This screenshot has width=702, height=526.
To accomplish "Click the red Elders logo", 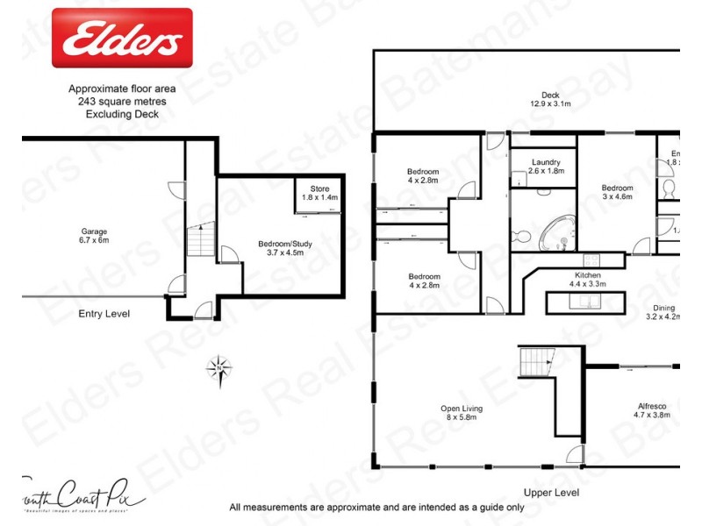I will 122,38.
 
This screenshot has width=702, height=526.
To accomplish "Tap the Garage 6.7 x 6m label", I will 94,237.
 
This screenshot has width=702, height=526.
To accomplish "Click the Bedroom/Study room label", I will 280,249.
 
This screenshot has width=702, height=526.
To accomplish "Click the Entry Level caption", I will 104,313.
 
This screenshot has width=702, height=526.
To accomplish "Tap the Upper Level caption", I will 550,493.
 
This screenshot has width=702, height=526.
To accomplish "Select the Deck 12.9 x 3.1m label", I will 550,99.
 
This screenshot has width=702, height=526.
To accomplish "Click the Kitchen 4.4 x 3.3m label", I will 585,280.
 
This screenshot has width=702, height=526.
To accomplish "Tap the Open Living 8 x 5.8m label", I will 462,414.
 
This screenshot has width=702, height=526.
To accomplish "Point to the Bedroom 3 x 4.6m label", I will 617,193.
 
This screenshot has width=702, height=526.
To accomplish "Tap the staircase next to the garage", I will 200,238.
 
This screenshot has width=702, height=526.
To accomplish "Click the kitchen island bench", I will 585,302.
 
